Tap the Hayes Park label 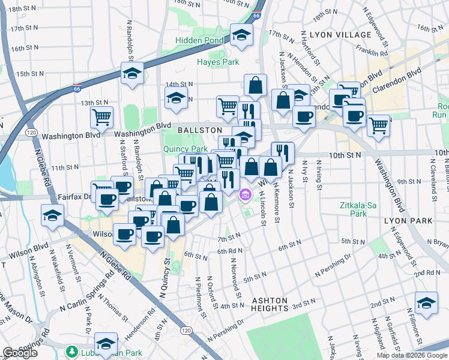(x=218, y=62)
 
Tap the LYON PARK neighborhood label (x=408, y=221)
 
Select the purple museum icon (x=245, y=194)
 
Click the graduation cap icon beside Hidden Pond (x=241, y=37)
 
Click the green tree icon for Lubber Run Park (x=73, y=350)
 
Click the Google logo (x=20, y=353)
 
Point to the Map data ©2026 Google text (x=412, y=355)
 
